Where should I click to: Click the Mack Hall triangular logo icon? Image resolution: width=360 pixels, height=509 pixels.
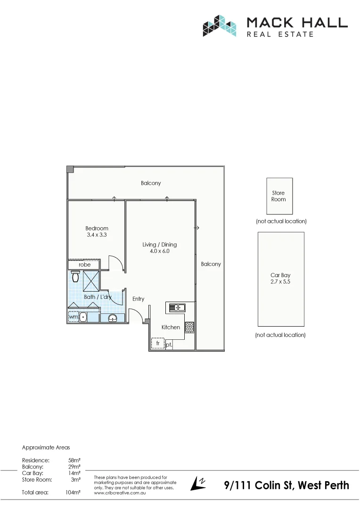(x=219, y=26)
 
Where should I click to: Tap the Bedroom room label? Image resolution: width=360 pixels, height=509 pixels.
(x=97, y=229)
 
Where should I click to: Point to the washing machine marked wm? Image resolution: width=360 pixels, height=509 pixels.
(x=73, y=317)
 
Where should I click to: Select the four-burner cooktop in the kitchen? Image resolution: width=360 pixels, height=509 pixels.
(x=189, y=327)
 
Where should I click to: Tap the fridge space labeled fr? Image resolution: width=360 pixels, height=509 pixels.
(x=157, y=344)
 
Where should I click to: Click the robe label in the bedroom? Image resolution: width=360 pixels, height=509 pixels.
(x=85, y=265)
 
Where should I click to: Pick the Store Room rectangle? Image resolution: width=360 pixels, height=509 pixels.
(x=279, y=196)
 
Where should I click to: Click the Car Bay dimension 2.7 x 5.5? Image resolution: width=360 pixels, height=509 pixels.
(x=281, y=281)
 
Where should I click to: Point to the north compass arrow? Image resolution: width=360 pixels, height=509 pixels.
(x=198, y=484)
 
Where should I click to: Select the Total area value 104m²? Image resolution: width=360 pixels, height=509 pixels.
(x=73, y=492)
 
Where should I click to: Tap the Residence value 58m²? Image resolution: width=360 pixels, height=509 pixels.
(x=74, y=460)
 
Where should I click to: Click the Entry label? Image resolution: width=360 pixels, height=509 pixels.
(x=138, y=299)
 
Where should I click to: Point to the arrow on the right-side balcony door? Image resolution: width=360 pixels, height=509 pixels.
(x=196, y=228)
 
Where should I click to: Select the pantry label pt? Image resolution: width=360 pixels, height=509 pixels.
(x=169, y=345)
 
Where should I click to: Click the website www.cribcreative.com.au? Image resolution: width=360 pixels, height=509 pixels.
(x=120, y=493)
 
